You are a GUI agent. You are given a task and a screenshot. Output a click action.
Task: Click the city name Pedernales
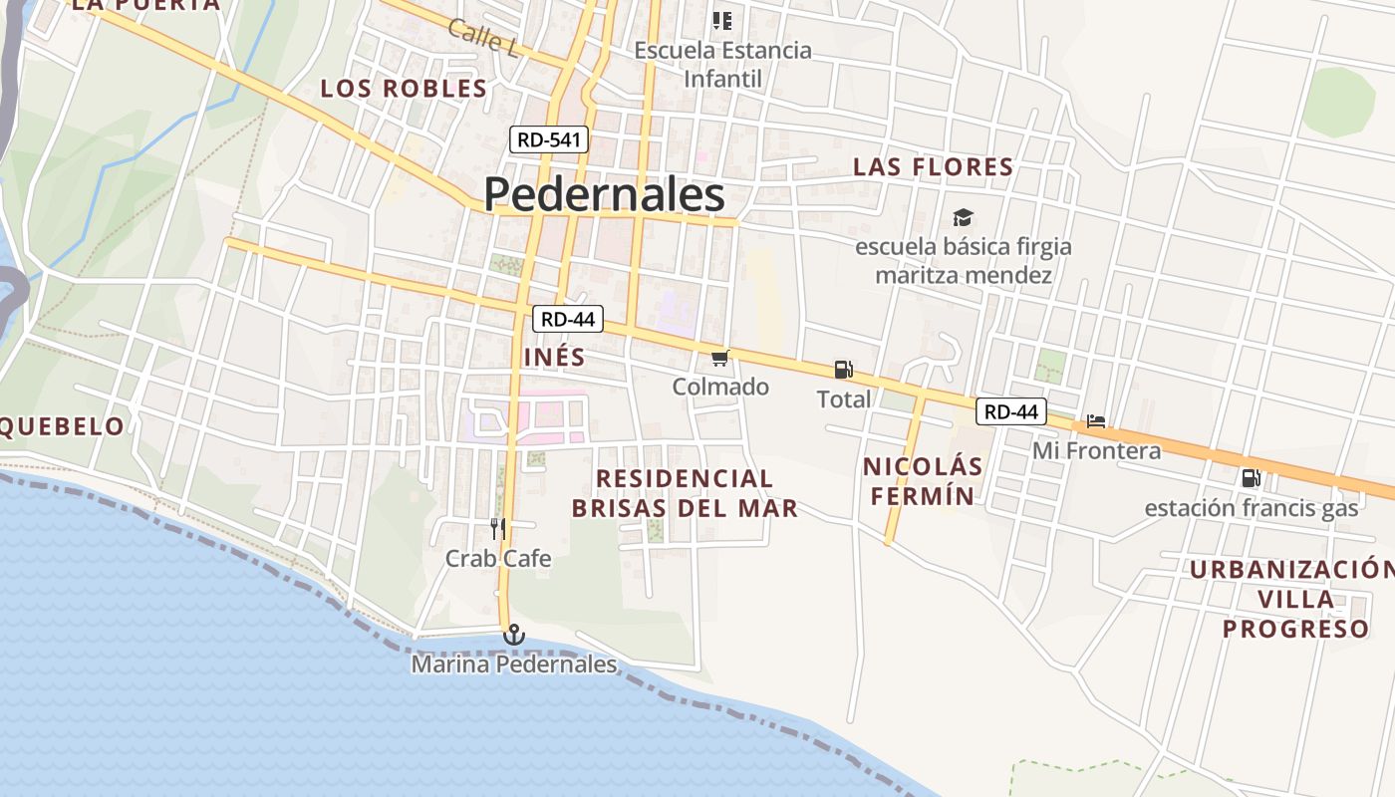(x=604, y=194)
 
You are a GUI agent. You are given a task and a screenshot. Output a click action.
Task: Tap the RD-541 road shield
(x=549, y=139)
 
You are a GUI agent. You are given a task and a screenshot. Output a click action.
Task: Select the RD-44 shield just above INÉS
(x=568, y=319)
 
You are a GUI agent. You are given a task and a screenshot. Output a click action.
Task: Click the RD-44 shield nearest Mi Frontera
(x=1011, y=410)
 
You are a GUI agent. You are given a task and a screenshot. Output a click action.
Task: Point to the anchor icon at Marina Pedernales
(x=513, y=634)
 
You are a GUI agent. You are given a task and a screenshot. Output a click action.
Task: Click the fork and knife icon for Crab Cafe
(x=498, y=529)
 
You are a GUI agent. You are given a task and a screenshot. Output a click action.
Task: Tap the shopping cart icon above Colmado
(x=720, y=358)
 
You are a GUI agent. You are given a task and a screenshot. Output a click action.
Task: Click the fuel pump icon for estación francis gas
(x=1251, y=478)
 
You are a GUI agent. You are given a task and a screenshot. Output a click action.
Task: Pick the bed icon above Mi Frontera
(x=1096, y=421)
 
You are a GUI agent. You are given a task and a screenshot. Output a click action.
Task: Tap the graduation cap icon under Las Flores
(x=963, y=217)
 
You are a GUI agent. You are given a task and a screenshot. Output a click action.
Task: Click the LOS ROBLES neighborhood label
(x=404, y=89)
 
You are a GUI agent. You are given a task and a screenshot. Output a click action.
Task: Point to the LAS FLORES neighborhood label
(x=933, y=166)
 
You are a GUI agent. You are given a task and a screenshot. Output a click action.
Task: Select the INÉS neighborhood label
(x=554, y=356)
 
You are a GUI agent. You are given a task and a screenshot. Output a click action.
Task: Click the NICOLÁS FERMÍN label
(x=923, y=480)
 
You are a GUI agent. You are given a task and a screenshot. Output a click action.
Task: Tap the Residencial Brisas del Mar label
(x=685, y=493)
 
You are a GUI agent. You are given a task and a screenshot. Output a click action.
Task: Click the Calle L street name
(x=483, y=38)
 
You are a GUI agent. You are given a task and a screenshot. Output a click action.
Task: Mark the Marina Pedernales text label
(x=514, y=664)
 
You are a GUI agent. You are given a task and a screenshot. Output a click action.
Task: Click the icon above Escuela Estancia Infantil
(x=722, y=20)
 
